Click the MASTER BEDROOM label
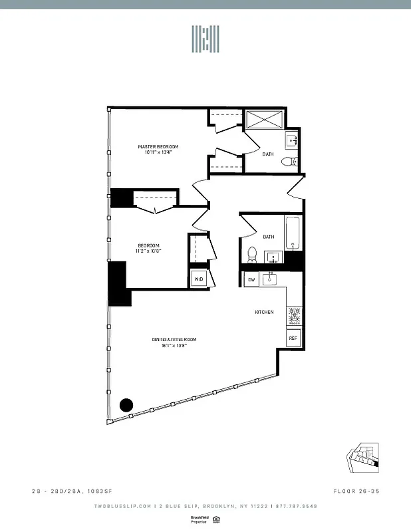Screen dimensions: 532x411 [158, 146]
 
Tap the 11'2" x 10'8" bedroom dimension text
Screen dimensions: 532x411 [148, 251]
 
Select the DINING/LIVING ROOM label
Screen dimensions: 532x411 [174, 340]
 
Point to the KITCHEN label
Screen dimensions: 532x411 [265, 311]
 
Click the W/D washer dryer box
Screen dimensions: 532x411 [199, 279]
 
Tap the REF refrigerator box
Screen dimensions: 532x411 [293, 338]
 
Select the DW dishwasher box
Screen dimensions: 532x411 [251, 279]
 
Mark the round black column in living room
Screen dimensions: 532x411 [126, 404]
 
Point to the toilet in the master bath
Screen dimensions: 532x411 [289, 162]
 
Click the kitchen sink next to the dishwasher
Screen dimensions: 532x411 [271, 279]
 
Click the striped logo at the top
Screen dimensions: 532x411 [205, 39]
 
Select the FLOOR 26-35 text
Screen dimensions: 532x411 [358, 491]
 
